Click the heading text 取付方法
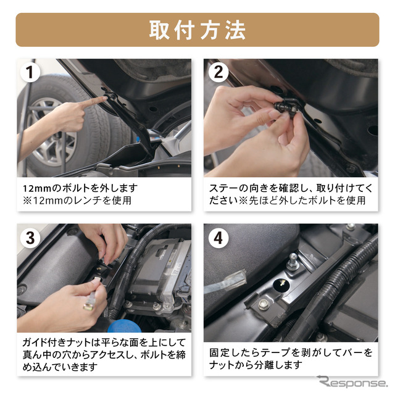197,30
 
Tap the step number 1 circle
30,72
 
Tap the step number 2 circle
218,72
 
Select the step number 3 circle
30,238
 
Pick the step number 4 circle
218,238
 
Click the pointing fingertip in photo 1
106,99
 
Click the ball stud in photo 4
293,259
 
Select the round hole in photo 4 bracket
281,285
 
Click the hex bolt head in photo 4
264,304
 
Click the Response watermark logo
352,381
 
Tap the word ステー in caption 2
223,188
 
